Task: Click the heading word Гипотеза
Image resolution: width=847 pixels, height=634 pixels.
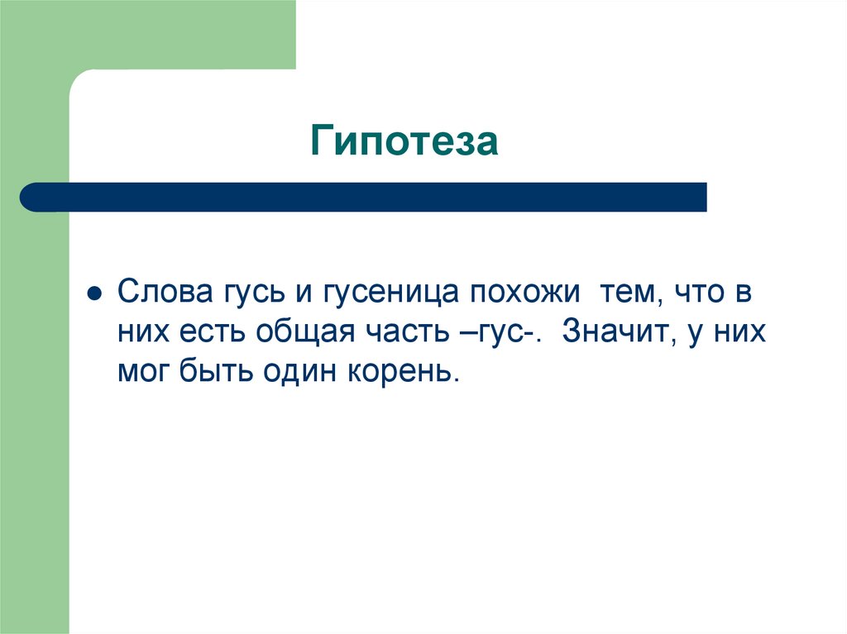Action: point(404,141)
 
